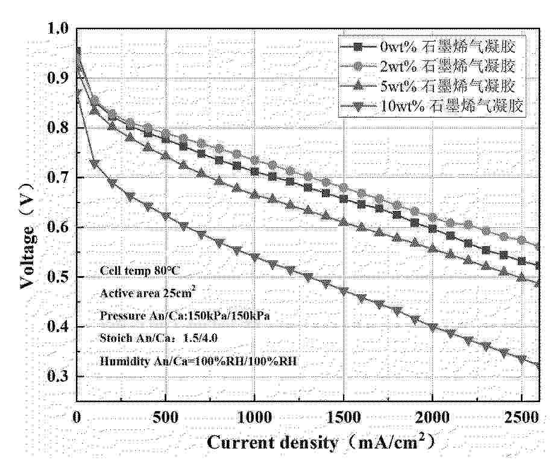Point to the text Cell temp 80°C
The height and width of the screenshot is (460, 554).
click(x=139, y=272)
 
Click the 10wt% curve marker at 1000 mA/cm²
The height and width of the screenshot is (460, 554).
click(x=254, y=257)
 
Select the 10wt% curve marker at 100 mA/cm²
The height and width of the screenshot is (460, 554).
click(x=94, y=163)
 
